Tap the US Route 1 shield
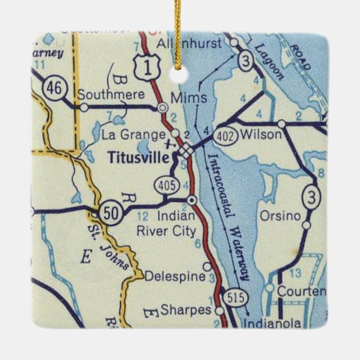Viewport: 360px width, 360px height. click(x=147, y=68)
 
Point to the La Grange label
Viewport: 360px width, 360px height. click(x=134, y=134)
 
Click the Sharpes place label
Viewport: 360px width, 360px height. click(x=178, y=309)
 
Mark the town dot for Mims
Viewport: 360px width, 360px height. click(x=163, y=107)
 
